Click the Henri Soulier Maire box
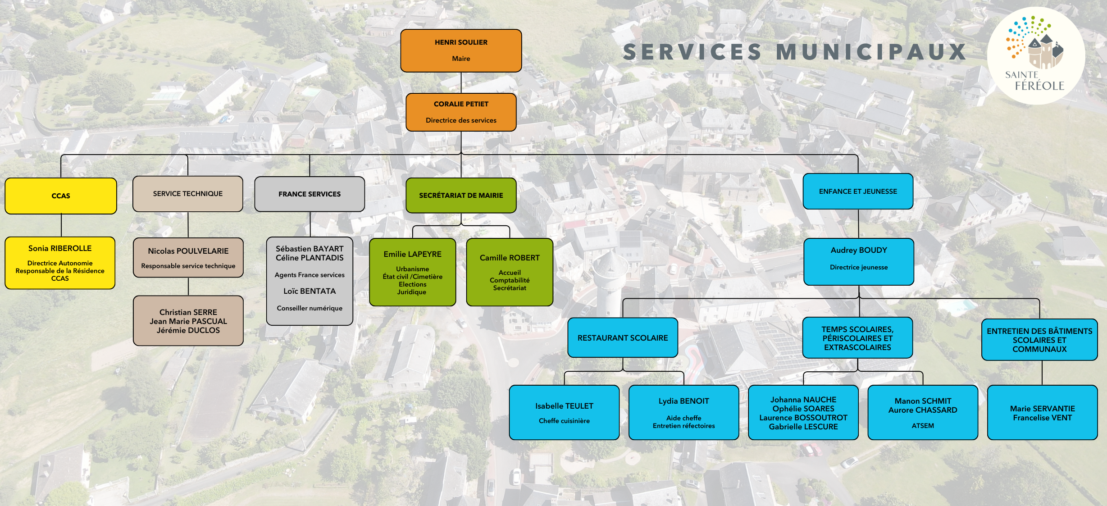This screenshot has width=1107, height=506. pyautogui.click(x=461, y=50)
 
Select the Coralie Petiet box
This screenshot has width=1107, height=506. pyautogui.click(x=461, y=112)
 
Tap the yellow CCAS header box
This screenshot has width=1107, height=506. pyautogui.click(x=61, y=196)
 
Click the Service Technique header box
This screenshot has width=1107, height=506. pyautogui.click(x=188, y=194)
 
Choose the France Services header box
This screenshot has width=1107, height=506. pyautogui.click(x=310, y=194)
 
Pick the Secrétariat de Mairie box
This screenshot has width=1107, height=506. pyautogui.click(x=461, y=196)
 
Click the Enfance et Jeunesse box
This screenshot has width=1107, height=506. pyautogui.click(x=858, y=191)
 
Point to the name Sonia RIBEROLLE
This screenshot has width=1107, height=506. pyautogui.click(x=60, y=248)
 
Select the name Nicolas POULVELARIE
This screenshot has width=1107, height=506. pyautogui.click(x=188, y=251)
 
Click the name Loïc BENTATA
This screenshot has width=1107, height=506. pyautogui.click(x=310, y=291)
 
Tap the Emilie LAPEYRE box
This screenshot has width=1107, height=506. pyautogui.click(x=412, y=272)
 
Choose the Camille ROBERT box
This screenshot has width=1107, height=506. pyautogui.click(x=510, y=272)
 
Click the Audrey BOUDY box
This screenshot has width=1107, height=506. pyautogui.click(x=859, y=261)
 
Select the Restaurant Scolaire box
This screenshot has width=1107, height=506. pyautogui.click(x=623, y=338)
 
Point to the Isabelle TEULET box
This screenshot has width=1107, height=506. pyautogui.click(x=564, y=412)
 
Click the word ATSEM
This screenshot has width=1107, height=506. pyautogui.click(x=923, y=426)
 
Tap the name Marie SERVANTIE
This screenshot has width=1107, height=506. pyautogui.click(x=1042, y=409)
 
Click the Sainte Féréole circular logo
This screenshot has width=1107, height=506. pyautogui.click(x=1036, y=56)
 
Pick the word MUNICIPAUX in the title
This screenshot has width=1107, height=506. pyautogui.click(x=871, y=52)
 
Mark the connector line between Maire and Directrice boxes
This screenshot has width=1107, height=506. pyautogui.click(x=461, y=83)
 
